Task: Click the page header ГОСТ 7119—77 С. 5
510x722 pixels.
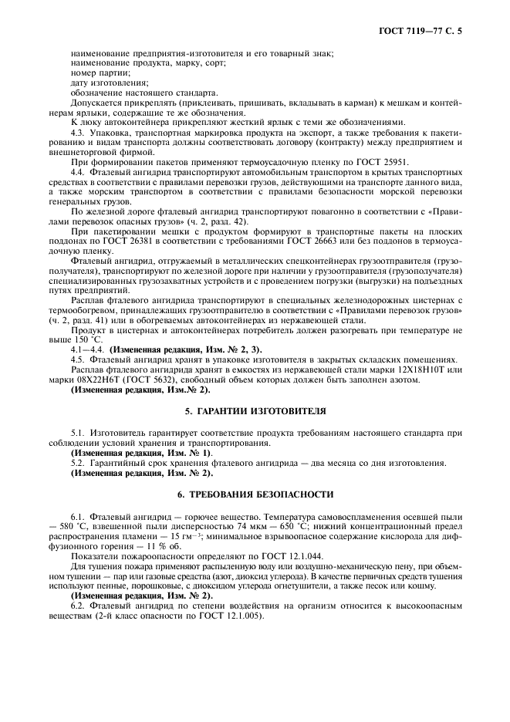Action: (x=424, y=32)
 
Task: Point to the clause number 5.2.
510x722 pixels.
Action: (x=77, y=462)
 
